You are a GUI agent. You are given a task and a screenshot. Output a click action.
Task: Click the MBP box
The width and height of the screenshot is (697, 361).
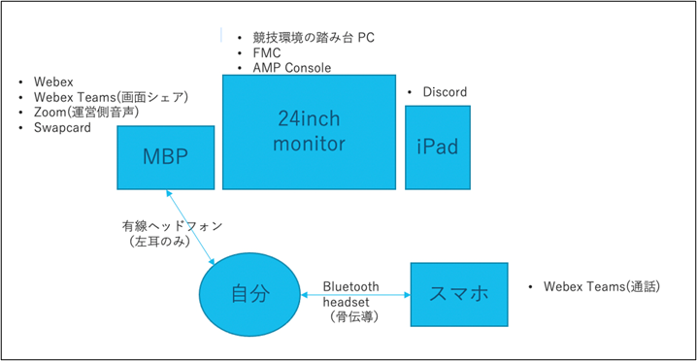pos(166,157)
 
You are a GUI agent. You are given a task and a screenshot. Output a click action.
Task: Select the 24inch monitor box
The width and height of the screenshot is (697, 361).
pos(310,131)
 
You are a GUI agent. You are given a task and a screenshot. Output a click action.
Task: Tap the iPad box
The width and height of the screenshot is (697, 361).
pos(438,148)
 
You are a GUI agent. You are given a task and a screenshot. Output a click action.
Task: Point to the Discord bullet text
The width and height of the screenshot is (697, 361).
pos(445,92)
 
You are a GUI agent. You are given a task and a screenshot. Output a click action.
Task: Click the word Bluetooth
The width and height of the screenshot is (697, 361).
pos(351,287)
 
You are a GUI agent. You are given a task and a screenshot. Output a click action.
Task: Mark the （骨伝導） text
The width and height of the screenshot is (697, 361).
pos(351,316)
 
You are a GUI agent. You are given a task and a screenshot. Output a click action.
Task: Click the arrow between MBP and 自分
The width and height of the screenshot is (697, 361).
pos(192,231)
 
